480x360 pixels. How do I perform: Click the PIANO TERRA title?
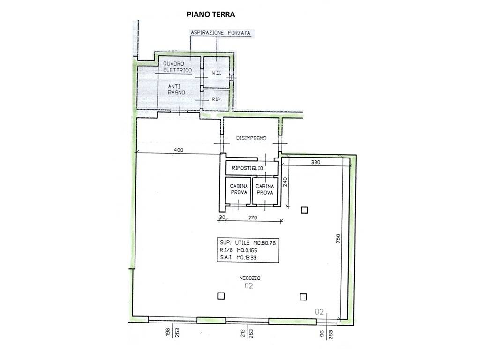pyautogui.click(x=210, y=15)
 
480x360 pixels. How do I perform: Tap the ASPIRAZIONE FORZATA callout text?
pyautogui.click(x=220, y=33)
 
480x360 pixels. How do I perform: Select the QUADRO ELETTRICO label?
pyautogui.click(x=178, y=67)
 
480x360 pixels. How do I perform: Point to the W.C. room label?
pyautogui.click(x=217, y=73)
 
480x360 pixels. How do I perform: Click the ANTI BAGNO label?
pyautogui.click(x=176, y=90)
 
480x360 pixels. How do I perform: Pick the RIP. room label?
pyautogui.click(x=217, y=99)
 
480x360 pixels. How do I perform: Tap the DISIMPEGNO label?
pyautogui.click(x=251, y=138)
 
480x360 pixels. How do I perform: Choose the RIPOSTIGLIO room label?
pyautogui.click(x=247, y=168)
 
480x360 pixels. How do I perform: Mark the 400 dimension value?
pyautogui.click(x=179, y=150)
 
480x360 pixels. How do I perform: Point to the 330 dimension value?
pyautogui.click(x=315, y=162)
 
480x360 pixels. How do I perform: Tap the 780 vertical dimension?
pyautogui.click(x=338, y=239)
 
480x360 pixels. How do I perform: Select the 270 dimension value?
pyautogui.click(x=253, y=217)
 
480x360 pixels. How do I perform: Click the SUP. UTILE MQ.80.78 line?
pyautogui.click(x=247, y=243)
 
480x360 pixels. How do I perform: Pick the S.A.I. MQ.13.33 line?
pyautogui.click(x=238, y=257)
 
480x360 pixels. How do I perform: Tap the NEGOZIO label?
pyautogui.click(x=250, y=278)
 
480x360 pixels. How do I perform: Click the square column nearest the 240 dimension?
pyautogui.click(x=304, y=210)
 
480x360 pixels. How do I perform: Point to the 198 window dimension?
pyautogui.click(x=168, y=332)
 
